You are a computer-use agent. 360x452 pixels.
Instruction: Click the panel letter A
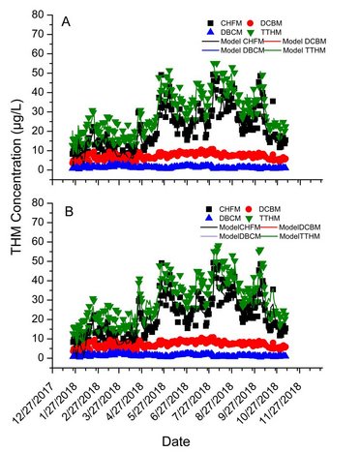coord(65,21)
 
